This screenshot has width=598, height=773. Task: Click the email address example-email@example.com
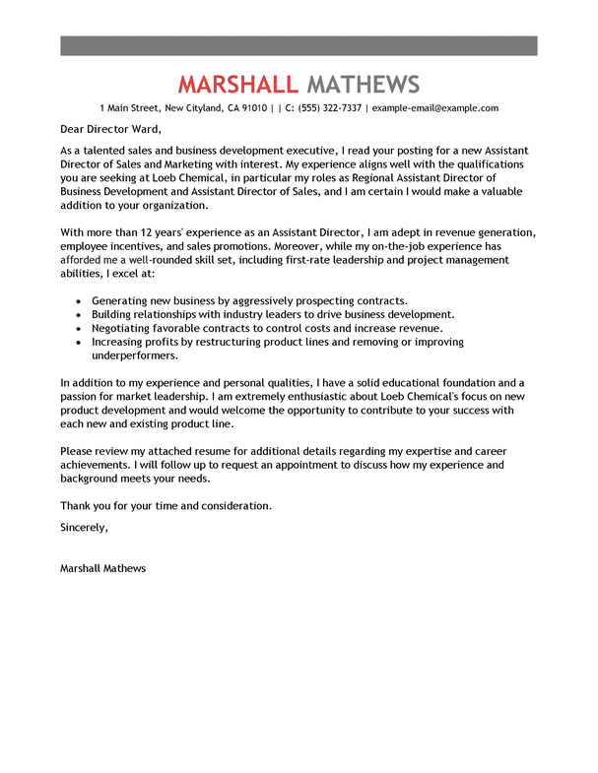[435, 108]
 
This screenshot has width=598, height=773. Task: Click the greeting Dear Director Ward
[110, 129]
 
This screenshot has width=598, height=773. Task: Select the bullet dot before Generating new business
[78, 301]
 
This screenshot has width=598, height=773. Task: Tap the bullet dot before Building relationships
[78, 315]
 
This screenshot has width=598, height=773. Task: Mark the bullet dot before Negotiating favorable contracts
[78, 329]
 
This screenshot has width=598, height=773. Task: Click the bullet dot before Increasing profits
[78, 343]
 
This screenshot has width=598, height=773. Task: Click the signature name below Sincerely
[102, 568]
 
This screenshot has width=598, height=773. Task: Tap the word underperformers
[136, 355]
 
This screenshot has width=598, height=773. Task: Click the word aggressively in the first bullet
[249, 300]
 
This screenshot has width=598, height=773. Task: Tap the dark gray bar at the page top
[299, 45]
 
